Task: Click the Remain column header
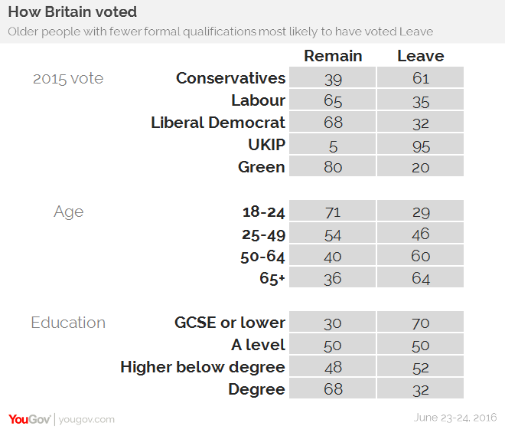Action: (333, 56)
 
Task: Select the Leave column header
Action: (420, 56)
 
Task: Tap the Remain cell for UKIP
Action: (333, 146)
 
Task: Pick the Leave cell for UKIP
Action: (420, 146)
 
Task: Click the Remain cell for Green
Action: (333, 167)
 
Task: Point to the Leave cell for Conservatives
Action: (420, 78)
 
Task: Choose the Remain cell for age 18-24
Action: (333, 212)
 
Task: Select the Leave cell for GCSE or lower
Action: (420, 323)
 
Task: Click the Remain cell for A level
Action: (333, 345)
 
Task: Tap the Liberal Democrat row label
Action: (218, 123)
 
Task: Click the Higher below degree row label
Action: (203, 367)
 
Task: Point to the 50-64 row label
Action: (262, 257)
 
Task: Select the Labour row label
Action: (258, 100)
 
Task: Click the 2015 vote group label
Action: (68, 78)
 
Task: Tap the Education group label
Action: (68, 323)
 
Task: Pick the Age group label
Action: (68, 212)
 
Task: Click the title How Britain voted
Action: (73, 13)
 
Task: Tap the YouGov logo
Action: (30, 418)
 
